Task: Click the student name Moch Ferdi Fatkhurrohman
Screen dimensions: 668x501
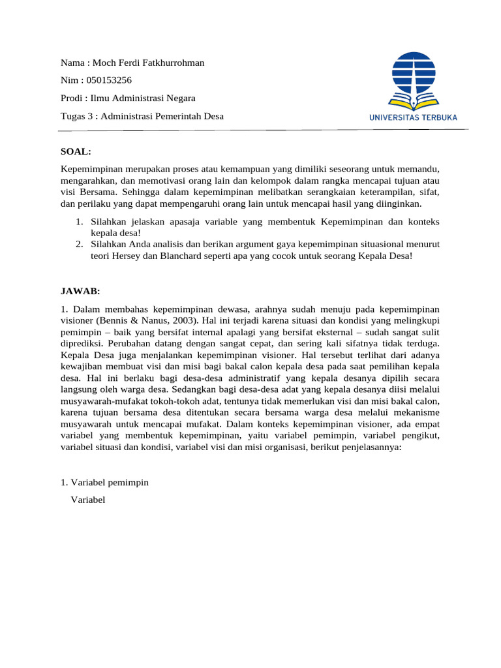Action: (x=149, y=63)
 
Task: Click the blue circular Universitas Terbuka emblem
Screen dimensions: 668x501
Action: (x=414, y=75)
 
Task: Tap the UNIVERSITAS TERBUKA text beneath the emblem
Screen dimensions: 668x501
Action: (x=414, y=117)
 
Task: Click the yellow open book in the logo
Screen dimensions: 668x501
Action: (x=414, y=102)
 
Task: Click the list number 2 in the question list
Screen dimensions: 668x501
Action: (x=78, y=244)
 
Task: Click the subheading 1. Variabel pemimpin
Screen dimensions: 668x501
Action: (x=104, y=482)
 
